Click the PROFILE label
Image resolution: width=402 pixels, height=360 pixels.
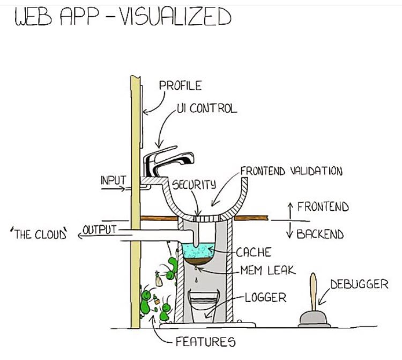click(180, 85)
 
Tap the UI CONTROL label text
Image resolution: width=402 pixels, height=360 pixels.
click(206, 108)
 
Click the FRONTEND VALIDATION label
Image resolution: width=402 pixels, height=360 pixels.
click(291, 171)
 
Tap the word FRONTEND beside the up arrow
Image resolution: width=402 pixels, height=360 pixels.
click(323, 207)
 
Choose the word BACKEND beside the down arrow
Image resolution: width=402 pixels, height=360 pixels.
click(319, 234)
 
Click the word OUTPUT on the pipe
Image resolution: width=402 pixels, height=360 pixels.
click(100, 230)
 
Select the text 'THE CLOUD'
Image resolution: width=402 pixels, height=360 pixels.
click(38, 234)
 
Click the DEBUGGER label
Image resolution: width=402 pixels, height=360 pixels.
click(359, 284)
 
